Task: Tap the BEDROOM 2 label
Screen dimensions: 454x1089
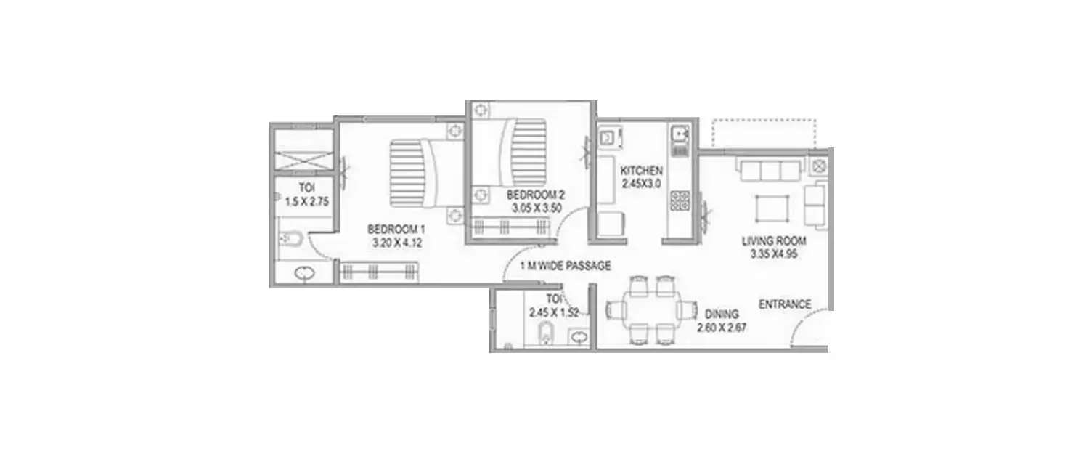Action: (535, 195)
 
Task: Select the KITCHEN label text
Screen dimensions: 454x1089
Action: (641, 171)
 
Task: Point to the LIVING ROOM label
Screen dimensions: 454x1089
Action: (774, 240)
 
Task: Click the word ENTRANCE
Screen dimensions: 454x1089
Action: (785, 304)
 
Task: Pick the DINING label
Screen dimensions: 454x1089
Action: (722, 315)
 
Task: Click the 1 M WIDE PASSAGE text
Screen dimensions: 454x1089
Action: (566, 266)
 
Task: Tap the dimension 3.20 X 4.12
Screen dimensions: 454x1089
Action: (396, 243)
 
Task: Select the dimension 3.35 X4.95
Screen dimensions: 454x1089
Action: (773, 254)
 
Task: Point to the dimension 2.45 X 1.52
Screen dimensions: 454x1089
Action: (553, 312)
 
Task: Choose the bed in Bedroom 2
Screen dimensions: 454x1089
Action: (518, 153)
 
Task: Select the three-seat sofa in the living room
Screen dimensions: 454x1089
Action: (770, 171)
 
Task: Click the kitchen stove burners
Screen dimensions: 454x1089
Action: (680, 200)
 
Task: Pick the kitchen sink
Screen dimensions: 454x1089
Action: (680, 134)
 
